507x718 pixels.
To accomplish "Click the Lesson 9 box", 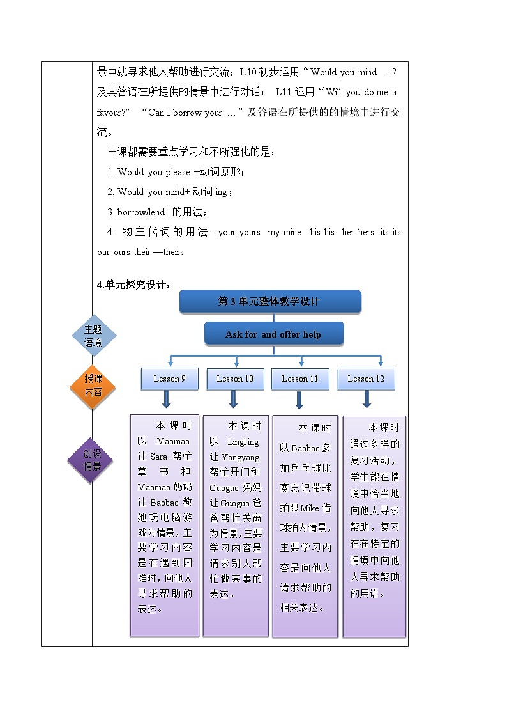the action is coord(170,379).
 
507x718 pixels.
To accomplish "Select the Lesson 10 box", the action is coord(235,379).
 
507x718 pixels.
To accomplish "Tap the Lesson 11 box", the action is coord(300,379).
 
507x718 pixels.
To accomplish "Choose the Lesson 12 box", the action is coord(366,379).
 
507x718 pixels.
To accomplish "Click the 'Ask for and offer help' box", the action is coord(273,334).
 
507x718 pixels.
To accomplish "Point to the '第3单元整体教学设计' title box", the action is coord(270,301).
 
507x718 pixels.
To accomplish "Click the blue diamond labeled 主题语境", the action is coord(93,336).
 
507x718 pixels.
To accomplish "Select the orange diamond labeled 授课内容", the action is coord(93,386).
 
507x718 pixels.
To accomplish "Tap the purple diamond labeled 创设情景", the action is coord(93,460).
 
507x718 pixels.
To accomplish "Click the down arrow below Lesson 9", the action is coord(166,400).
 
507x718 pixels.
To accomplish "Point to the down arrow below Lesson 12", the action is coord(367,400).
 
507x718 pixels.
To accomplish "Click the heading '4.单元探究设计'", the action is coord(133,285).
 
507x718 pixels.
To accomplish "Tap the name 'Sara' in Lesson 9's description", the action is coord(158,457).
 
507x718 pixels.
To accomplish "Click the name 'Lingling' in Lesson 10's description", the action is coord(243,442).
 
